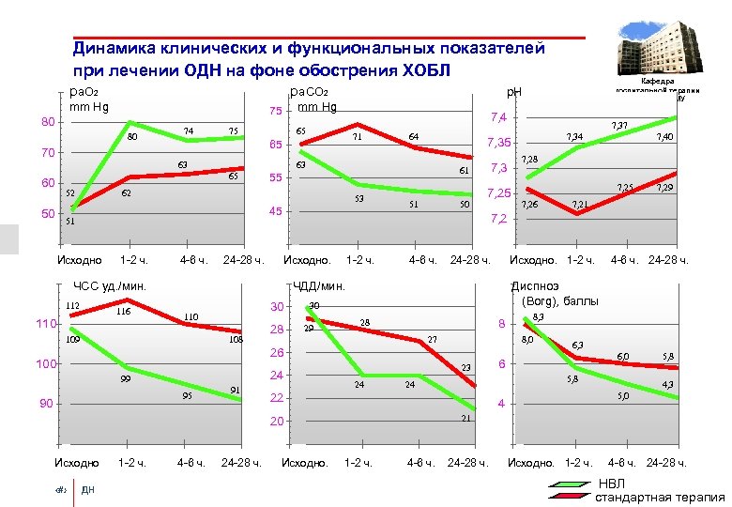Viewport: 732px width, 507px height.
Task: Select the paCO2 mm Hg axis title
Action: (x=313, y=99)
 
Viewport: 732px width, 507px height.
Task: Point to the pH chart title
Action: (x=514, y=92)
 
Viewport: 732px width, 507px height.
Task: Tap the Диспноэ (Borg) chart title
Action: (x=554, y=294)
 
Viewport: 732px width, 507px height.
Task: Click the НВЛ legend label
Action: (x=610, y=483)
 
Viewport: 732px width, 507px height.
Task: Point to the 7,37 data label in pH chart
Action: (x=618, y=124)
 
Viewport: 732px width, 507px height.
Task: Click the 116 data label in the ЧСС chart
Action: (x=123, y=313)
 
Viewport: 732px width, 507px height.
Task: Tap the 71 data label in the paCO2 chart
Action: (x=357, y=137)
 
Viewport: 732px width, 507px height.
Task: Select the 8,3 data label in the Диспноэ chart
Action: (x=538, y=318)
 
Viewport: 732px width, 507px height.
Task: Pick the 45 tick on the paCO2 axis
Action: (x=275, y=211)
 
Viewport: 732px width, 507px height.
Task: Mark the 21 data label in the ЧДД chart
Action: (x=464, y=418)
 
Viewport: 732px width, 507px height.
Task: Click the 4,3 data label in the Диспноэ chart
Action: (x=665, y=385)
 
